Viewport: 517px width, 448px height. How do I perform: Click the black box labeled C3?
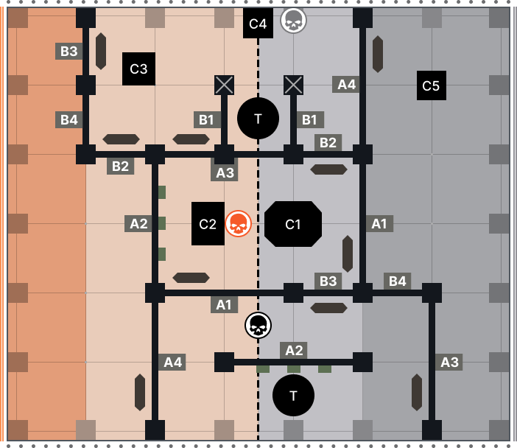point(138,69)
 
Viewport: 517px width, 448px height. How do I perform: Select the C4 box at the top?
point(258,24)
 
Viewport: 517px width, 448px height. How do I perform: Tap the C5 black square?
point(431,85)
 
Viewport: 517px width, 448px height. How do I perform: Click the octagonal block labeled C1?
point(293,224)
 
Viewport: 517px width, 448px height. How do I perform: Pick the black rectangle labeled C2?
point(208,224)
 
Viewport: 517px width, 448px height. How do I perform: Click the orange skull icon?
point(238,223)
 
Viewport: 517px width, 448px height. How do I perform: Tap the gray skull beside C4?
point(293,20)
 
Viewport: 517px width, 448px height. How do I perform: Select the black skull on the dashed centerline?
point(258,325)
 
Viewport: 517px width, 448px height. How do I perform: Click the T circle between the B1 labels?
point(258,118)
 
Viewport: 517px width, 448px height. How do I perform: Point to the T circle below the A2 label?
point(293,395)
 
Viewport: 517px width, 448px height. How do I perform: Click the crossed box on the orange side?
point(224,85)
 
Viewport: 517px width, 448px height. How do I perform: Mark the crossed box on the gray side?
point(293,85)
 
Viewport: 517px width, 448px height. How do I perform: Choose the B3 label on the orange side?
point(68,51)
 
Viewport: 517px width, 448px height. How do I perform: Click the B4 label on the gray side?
point(397,281)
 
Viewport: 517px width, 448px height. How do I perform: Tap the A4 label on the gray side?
point(345,84)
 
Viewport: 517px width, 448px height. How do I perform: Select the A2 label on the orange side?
point(138,223)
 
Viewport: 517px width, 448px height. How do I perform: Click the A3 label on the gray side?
point(449,362)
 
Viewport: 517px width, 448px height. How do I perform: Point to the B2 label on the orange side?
point(120,166)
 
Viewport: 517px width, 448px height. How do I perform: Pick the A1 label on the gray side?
point(379,223)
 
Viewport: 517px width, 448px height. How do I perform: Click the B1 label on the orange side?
point(207,119)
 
